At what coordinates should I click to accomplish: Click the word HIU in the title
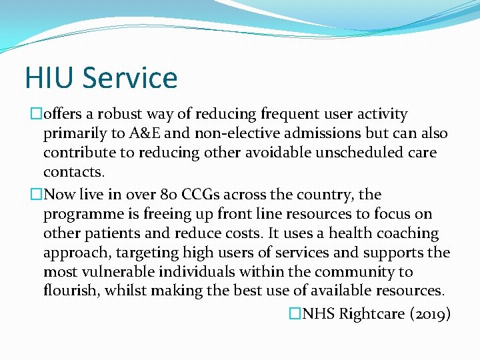pos(48,77)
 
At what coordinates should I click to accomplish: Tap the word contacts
pos(73,172)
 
